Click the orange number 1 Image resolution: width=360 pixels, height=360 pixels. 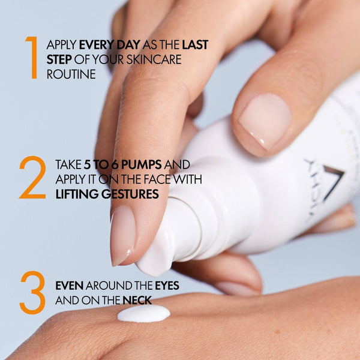tap(32, 58)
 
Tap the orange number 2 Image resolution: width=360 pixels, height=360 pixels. tap(32, 178)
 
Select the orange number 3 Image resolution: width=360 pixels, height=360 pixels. tap(32, 292)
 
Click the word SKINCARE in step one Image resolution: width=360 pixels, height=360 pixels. tap(153, 61)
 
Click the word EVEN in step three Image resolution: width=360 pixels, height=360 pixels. tap(69, 286)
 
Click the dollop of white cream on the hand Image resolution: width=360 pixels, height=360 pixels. tap(143, 313)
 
